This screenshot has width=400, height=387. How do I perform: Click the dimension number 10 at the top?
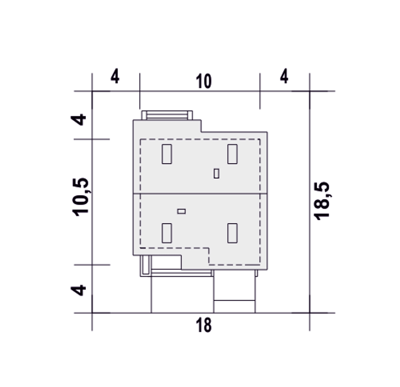point(203,81)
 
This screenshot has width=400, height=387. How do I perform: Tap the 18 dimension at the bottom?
point(203,325)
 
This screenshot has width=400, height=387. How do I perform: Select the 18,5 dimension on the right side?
point(322,201)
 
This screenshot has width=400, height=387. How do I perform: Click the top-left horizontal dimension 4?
point(115,76)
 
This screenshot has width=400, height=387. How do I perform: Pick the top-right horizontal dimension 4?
point(284,76)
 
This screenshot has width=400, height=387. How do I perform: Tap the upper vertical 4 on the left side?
point(78,120)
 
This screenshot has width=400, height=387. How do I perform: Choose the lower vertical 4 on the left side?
point(78,290)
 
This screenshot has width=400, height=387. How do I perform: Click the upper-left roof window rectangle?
point(167,154)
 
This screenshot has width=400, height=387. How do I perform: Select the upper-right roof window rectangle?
point(232,154)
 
